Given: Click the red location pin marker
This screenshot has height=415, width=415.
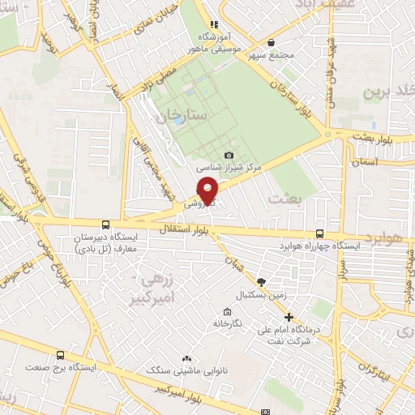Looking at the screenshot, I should coord(209,190).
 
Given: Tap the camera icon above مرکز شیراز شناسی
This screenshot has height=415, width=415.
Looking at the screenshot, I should coord(229,155).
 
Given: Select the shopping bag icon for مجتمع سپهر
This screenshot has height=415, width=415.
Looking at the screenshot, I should coord(271,42).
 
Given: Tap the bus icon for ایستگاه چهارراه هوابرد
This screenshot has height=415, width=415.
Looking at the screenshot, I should coord(319,233).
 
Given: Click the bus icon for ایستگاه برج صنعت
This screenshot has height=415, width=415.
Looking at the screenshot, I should coord(61,355).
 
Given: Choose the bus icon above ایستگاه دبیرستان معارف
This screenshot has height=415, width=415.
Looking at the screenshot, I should coord(105,225).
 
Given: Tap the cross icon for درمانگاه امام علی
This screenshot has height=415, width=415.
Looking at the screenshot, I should coord(289,316).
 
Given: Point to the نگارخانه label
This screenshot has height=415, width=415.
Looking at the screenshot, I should coord(229,323).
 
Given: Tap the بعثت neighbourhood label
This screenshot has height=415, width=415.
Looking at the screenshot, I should coord(285,199).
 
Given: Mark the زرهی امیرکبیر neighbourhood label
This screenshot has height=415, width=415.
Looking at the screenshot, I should coord(157,289).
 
